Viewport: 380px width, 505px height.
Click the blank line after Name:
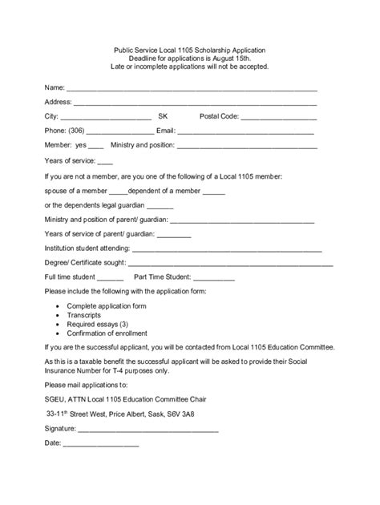[x=191, y=89]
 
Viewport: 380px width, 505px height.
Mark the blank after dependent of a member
[x=213, y=192]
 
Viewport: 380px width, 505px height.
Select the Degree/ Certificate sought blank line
[x=230, y=264]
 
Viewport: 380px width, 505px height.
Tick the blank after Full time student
[x=108, y=278]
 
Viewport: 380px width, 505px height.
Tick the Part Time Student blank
[x=209, y=278]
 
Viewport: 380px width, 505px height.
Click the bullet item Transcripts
[x=85, y=316]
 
